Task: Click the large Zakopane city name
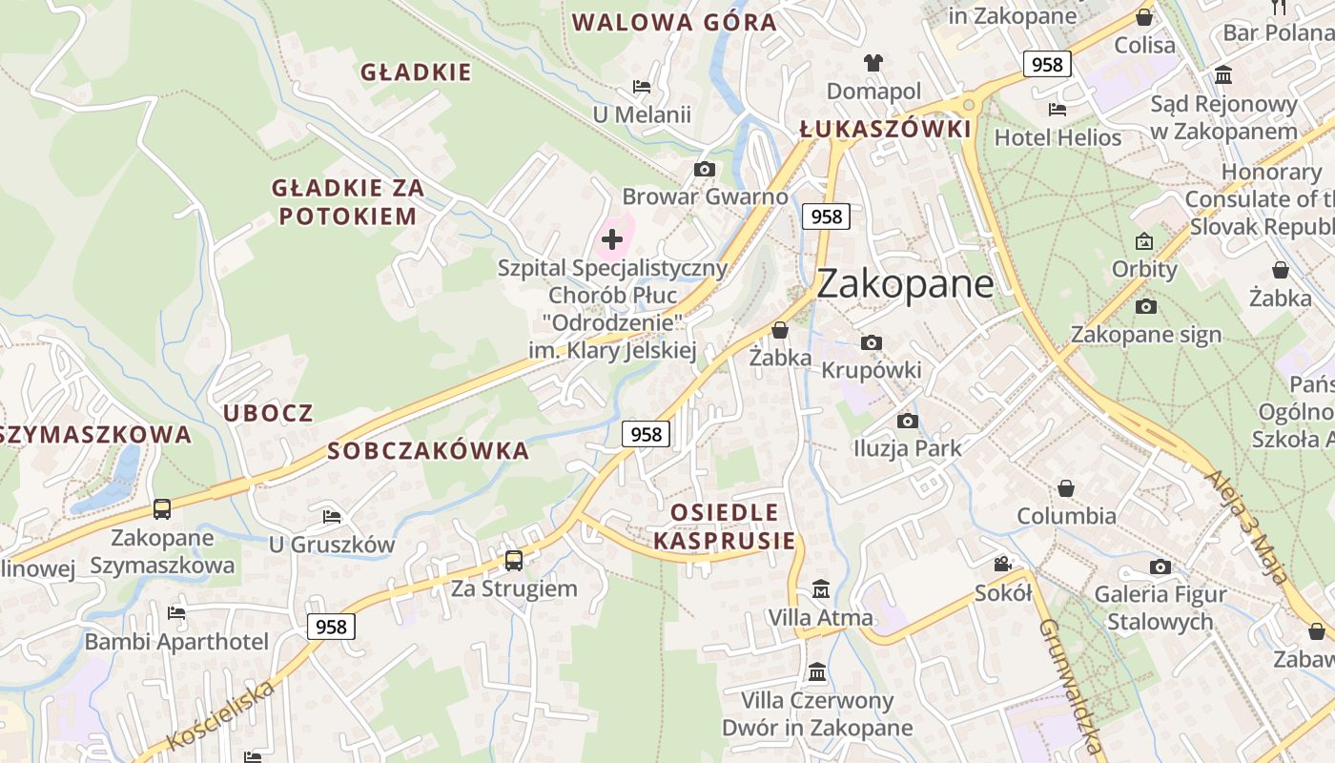[905, 284]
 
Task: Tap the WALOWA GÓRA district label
[674, 22]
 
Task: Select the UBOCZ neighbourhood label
[268, 413]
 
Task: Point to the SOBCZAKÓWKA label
[428, 451]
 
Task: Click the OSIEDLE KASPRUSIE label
[725, 526]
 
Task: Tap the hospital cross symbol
[612, 239]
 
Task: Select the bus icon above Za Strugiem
[514, 560]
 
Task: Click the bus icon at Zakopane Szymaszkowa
[162, 509]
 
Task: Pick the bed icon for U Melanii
[642, 87]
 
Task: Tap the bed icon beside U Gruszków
[332, 516]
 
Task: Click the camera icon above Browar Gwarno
[705, 169]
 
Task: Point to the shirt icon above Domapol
[873, 63]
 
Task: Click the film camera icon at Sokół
[1002, 565]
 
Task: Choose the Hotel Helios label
[1058, 137]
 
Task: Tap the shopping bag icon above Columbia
[1066, 488]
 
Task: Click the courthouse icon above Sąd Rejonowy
[1223, 74]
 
